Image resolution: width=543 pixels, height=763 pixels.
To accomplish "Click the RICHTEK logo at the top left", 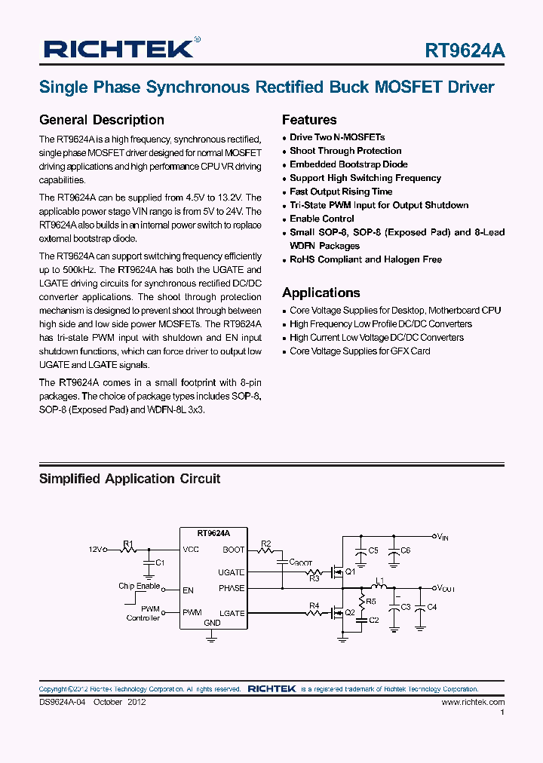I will [119, 50].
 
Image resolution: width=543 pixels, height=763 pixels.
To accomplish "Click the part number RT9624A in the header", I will [465, 51].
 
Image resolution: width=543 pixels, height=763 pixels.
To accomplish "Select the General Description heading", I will [101, 120].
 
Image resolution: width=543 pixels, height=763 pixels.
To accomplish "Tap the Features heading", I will [309, 120].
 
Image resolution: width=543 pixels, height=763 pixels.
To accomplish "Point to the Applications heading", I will [321, 293].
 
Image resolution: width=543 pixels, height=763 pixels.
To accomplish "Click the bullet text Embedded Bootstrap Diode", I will [348, 164].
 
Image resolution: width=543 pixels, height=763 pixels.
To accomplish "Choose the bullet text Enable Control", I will [322, 219].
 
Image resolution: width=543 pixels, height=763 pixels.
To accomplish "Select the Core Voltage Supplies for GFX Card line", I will [360, 351].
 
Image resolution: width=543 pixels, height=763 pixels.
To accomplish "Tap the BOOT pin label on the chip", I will [234, 550].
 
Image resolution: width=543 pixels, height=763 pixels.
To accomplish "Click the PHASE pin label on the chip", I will [232, 588].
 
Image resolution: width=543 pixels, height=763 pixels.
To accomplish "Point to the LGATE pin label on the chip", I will [232, 613].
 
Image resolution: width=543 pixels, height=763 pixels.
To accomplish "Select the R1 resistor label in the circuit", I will [128, 543].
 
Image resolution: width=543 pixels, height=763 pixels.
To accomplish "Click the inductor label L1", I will [380, 581].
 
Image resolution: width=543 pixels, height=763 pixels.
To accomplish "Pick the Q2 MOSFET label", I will [350, 612].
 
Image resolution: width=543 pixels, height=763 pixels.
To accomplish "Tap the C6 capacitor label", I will [405, 550].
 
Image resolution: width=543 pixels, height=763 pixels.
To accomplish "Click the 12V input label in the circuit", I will [94, 550].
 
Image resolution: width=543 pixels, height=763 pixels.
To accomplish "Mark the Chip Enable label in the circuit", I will [139, 586].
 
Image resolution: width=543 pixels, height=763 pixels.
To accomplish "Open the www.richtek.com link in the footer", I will [473, 702].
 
